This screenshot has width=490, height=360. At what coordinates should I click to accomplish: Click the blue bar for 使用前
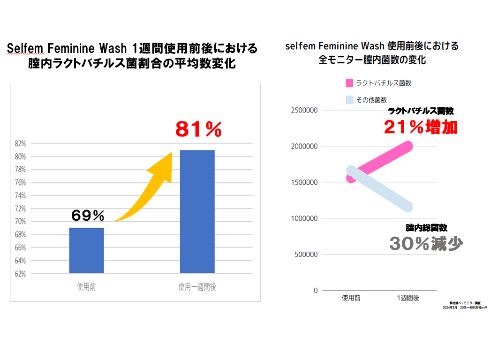click(86, 250)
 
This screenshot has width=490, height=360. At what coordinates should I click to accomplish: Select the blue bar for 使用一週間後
click(197, 211)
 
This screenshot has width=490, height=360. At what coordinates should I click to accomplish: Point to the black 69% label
click(88, 216)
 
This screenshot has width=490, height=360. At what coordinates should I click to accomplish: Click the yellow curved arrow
click(150, 187)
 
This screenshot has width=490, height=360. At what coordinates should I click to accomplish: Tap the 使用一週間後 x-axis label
click(197, 287)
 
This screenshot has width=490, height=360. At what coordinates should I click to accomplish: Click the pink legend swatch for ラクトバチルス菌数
click(349, 83)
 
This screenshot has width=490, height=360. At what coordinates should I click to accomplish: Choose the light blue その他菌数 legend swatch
click(349, 99)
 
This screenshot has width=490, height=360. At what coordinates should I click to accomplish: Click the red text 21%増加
click(421, 127)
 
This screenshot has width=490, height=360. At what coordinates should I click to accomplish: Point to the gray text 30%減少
click(426, 243)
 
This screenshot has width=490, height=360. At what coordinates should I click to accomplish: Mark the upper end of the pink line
click(407, 147)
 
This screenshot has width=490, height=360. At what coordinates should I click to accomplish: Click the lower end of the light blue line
click(407, 207)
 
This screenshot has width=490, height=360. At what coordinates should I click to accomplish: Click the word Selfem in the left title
click(22, 49)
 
